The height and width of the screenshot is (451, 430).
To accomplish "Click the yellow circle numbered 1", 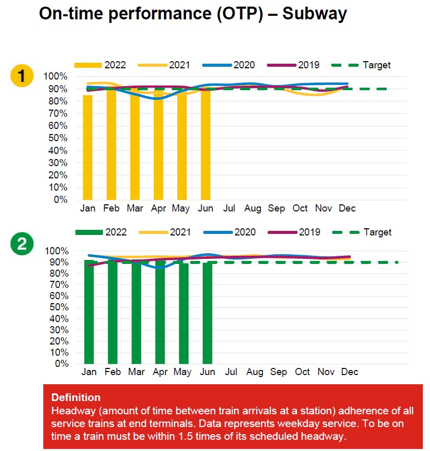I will (21, 76).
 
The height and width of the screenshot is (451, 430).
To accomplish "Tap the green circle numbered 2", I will (21, 245).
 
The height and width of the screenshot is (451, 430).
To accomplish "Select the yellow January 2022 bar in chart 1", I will (88, 148).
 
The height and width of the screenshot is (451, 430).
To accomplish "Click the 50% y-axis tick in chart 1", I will (58, 138).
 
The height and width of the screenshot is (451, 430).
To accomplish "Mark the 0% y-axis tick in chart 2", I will (61, 364).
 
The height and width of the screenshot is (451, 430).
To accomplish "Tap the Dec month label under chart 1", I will (347, 208).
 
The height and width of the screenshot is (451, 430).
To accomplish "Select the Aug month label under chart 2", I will (255, 372).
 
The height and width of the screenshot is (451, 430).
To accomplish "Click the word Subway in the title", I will (315, 14).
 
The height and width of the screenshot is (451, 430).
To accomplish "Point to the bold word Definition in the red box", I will (76, 397).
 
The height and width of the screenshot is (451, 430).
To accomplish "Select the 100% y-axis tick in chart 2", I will (58, 251).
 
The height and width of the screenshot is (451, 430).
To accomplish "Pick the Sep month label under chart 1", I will (276, 208).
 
